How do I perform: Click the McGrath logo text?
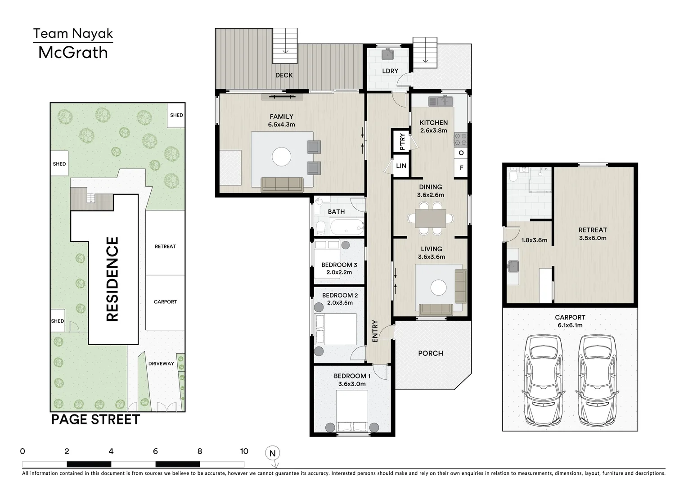pos(73,53)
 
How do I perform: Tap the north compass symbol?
pos(273,455)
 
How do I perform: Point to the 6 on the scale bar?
pos(155,451)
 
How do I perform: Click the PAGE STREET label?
pos(95,419)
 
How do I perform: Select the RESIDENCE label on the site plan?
pos(112,279)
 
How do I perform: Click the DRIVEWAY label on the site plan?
pos(161,364)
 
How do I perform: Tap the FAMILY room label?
pos(281,117)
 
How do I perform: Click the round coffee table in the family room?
pos(281,157)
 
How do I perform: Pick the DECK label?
pos(284,75)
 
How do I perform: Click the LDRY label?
pos(390,71)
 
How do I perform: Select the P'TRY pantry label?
pos(402,141)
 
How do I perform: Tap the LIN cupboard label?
pos(401,166)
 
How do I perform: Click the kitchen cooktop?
pos(461,139)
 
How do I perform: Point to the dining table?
pos(431,218)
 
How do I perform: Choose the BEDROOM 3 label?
pos(339,265)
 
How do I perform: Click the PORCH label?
pos(431,354)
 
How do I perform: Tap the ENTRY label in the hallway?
pos(375,331)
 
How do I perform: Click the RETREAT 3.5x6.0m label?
pos(593,234)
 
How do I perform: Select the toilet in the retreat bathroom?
pos(512,175)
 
